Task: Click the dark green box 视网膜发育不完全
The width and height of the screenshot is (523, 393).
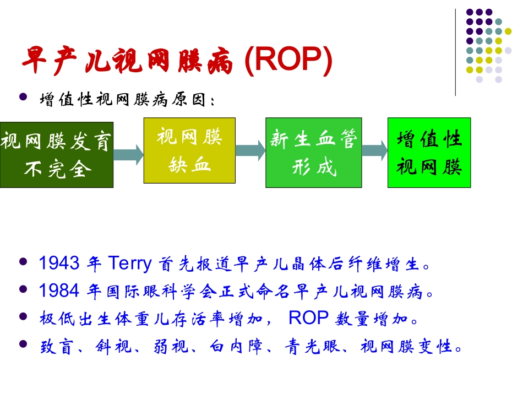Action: (56, 155)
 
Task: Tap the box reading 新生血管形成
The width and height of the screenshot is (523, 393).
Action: (313, 152)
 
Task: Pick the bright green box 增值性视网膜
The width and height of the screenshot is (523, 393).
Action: (429, 152)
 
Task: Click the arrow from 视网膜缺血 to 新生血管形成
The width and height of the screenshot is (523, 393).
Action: (249, 150)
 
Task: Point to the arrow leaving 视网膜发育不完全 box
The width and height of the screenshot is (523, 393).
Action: (128, 152)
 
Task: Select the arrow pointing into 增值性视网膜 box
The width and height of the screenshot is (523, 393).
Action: (374, 150)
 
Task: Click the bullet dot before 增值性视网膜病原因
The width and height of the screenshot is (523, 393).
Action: (23, 97)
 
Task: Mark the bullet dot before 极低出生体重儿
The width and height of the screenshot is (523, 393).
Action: (23, 317)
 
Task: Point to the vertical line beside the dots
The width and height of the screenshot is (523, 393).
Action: (455, 52)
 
